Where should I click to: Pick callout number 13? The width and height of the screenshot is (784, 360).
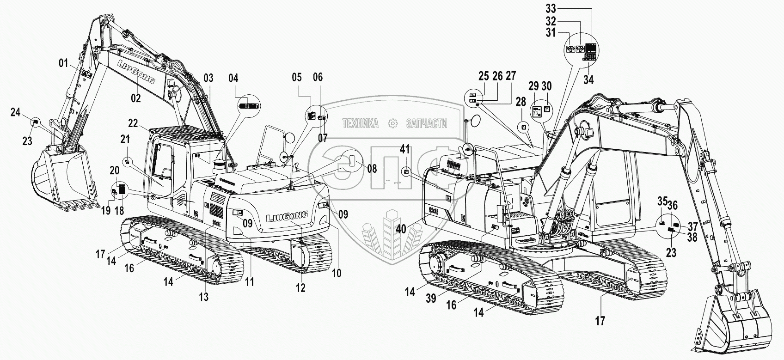point(204,297)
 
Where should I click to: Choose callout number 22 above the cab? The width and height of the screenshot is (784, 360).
point(133,123)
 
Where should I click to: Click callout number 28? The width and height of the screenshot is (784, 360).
point(521,102)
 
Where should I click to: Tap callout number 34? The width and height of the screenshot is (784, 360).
point(588,79)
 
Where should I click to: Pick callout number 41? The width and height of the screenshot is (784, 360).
point(405,149)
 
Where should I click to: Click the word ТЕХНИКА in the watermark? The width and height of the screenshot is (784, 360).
point(360,123)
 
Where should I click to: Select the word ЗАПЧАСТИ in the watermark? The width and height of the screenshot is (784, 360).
point(426,123)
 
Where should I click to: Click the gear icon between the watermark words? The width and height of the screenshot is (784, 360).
point(393,123)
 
